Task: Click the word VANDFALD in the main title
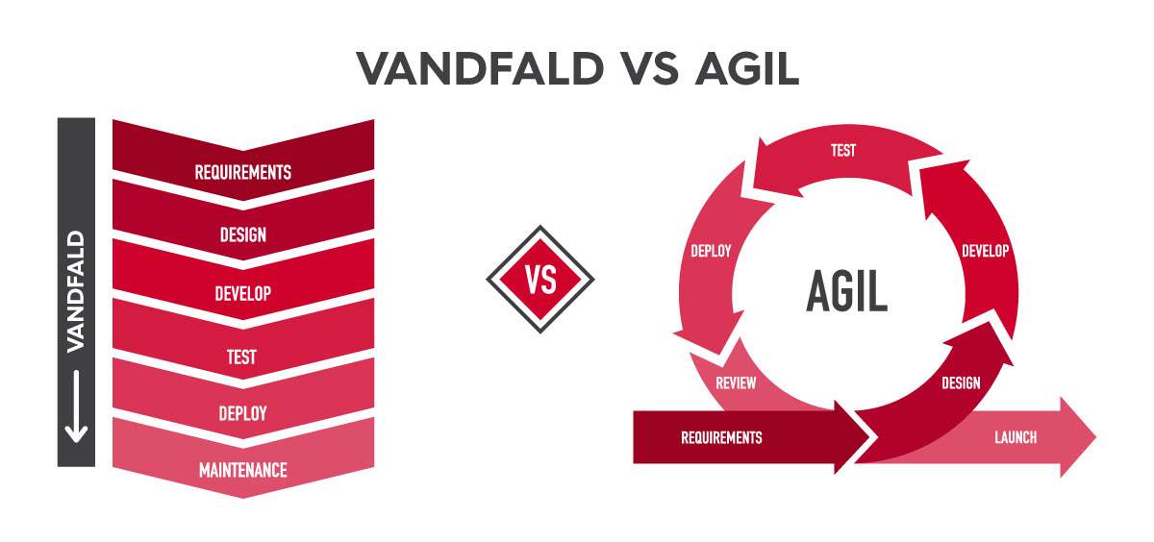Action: (480, 68)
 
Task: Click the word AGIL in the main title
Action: (747, 68)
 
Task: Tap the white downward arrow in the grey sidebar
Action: (76, 406)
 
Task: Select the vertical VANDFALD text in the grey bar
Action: (76, 292)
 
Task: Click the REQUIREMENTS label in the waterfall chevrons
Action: (242, 172)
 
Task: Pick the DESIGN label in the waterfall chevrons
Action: (243, 234)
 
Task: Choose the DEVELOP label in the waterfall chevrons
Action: (243, 293)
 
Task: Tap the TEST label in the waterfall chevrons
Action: (241, 357)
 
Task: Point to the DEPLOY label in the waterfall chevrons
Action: (242, 413)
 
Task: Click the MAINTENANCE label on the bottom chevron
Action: (243, 470)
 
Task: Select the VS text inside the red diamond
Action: (540, 280)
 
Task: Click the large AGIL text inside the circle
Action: (847, 291)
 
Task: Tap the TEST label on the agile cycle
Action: (843, 150)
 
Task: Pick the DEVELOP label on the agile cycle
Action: (986, 251)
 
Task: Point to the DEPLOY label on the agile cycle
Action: (711, 251)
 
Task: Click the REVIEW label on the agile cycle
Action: (736, 382)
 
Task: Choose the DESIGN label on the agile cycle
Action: (962, 382)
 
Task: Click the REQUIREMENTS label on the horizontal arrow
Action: (721, 437)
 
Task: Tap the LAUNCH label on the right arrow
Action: (1016, 437)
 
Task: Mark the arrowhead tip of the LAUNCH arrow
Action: (1095, 437)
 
